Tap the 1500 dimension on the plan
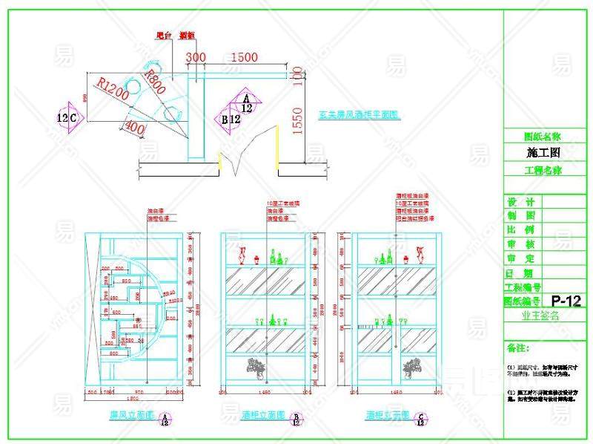click(x=244, y=57)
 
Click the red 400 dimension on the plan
click(x=133, y=128)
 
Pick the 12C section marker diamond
click(x=68, y=117)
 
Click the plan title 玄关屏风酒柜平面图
click(x=359, y=115)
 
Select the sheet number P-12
click(x=566, y=301)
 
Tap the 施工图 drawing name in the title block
click(x=543, y=152)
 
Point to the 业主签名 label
click(x=542, y=315)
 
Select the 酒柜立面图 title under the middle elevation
click(x=263, y=415)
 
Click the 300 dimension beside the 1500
click(x=196, y=57)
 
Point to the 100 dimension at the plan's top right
click(x=298, y=77)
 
